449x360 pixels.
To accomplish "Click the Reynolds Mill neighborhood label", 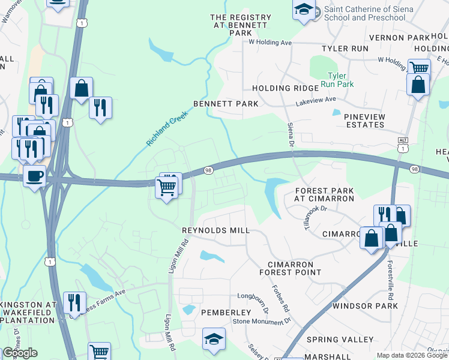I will pyautogui.click(x=215, y=230).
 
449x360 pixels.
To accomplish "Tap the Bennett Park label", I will pyautogui.click(x=226, y=104).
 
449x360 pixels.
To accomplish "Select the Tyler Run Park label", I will pyautogui.click(x=340, y=80).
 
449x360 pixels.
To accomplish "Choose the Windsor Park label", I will pyautogui.click(x=365, y=306).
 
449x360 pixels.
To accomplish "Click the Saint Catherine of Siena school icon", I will pyautogui.click(x=304, y=10).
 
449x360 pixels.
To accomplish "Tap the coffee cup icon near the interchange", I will pyautogui.click(x=34, y=176).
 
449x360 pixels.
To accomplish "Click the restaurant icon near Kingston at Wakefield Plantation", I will pyautogui.click(x=74, y=302).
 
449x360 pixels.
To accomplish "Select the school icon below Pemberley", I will pyautogui.click(x=214, y=339).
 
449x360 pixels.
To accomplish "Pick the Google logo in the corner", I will pyautogui.click(x=20, y=353).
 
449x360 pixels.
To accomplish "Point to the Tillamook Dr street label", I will pyautogui.click(x=315, y=216).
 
